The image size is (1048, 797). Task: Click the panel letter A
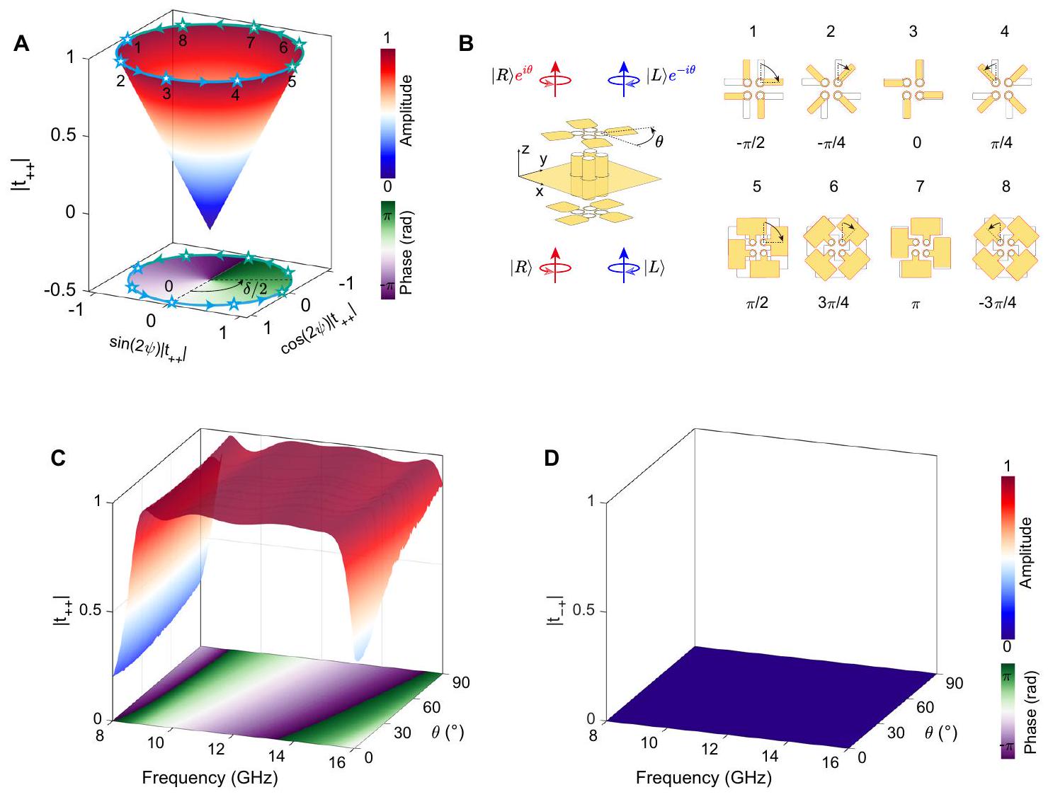(x=22, y=45)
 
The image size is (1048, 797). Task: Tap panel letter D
(x=552, y=459)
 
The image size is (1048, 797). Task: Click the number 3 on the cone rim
(x=166, y=93)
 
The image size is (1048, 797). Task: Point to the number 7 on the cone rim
(x=251, y=43)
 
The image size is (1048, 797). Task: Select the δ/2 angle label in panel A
(x=256, y=289)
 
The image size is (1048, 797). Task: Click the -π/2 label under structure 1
(x=750, y=143)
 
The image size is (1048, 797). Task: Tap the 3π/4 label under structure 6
(x=833, y=303)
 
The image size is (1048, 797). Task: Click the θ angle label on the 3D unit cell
(x=659, y=142)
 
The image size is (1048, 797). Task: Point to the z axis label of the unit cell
(x=525, y=149)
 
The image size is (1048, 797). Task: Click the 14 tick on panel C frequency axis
(x=277, y=755)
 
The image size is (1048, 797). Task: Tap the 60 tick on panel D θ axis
(x=925, y=707)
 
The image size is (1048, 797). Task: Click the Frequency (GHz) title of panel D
(x=703, y=778)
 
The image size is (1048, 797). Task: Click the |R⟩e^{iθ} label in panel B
(x=511, y=74)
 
